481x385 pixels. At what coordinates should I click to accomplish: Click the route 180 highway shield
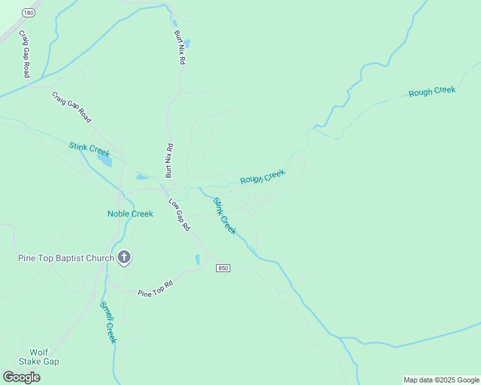pyautogui.click(x=28, y=13)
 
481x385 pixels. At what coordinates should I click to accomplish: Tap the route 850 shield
pyautogui.click(x=223, y=268)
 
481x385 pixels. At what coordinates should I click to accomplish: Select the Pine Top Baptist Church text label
pyautogui.click(x=65, y=259)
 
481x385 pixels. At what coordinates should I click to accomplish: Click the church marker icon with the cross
pyautogui.click(x=124, y=258)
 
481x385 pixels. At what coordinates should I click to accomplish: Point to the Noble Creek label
pyautogui.click(x=130, y=214)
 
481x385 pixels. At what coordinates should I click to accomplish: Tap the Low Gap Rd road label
pyautogui.click(x=179, y=215)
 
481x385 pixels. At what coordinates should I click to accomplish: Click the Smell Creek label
pyautogui.click(x=107, y=322)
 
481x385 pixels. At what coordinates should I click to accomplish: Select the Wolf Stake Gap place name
pyautogui.click(x=44, y=357)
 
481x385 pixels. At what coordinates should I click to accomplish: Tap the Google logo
pyautogui.click(x=21, y=377)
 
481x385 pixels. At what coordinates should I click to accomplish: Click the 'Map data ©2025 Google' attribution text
pyautogui.click(x=441, y=380)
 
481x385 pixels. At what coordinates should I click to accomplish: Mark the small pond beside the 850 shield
pyautogui.click(x=197, y=259)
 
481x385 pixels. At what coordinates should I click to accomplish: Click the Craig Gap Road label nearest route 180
pyautogui.click(x=24, y=54)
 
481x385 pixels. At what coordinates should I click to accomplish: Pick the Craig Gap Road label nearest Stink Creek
pyautogui.click(x=71, y=107)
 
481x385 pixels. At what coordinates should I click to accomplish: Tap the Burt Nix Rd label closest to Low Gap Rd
pyautogui.click(x=168, y=160)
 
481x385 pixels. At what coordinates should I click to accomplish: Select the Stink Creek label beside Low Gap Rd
pyautogui.click(x=225, y=216)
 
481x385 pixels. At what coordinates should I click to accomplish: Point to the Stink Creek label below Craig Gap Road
pyautogui.click(x=89, y=150)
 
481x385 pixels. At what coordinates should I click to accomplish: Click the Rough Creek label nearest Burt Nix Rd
pyautogui.click(x=262, y=176)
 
